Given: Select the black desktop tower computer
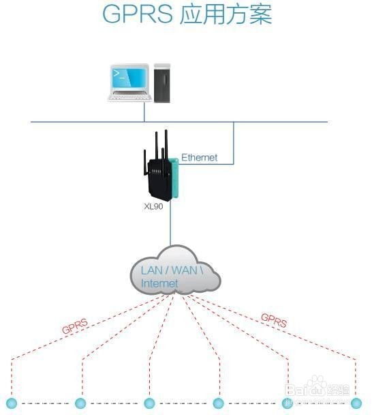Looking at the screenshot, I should (x=162, y=82).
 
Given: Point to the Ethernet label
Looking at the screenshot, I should (x=199, y=158).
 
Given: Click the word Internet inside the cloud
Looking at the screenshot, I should (x=159, y=283).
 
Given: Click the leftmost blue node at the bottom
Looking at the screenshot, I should (x=11, y=403).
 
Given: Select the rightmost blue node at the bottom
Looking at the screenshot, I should (x=356, y=403).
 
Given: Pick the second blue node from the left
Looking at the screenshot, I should (x=80, y=403).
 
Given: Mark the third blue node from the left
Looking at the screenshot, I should (x=149, y=403).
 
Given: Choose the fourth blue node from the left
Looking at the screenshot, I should (x=218, y=403).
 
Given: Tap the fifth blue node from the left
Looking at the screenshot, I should (x=287, y=403).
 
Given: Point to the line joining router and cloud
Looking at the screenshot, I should (x=170, y=225).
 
